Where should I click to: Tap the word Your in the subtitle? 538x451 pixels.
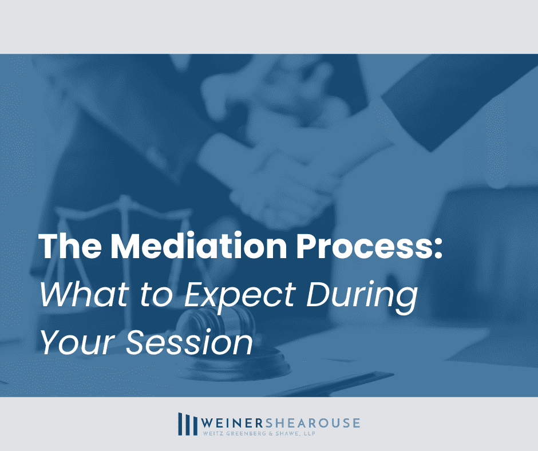click(x=76, y=342)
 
